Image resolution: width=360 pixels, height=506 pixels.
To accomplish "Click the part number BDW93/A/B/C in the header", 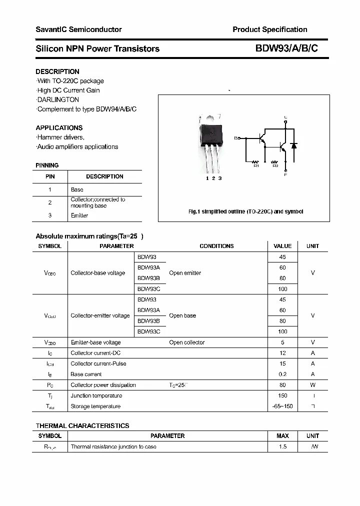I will coord(286,48).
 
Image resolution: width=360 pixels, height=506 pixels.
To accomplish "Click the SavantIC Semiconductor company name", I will coord(78,29).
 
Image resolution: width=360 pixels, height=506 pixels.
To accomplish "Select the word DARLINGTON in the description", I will coord(58,99).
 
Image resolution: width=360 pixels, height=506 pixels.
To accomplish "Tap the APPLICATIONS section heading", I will coord(59,127).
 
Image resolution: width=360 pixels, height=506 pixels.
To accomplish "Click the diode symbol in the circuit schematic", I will coord(294,146).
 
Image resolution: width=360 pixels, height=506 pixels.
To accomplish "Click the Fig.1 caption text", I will coord(245,211).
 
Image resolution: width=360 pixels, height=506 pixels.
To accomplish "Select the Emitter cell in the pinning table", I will coord(79,215).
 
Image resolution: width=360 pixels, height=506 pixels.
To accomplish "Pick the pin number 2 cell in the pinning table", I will coord(50,202).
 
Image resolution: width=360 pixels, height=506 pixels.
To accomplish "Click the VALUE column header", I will coord(282,246).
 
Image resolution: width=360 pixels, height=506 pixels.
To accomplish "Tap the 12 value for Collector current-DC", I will coord(282,353).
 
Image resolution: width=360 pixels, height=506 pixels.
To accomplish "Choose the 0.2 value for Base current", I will coord(282,374).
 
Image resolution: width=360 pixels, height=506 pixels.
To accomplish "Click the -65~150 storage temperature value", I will coord(282,406).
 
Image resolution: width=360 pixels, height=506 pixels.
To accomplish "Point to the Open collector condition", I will coord(186,342).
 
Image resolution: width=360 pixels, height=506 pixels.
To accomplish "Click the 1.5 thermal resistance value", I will coord(282,446).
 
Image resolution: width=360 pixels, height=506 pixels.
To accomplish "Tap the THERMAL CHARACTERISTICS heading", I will coord(82,425).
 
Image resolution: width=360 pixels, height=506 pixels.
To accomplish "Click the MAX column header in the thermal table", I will coord(282,436).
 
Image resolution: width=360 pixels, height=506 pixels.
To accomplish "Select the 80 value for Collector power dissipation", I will coord(282,385).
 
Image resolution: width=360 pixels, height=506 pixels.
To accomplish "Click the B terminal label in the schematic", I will coord(236,137).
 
